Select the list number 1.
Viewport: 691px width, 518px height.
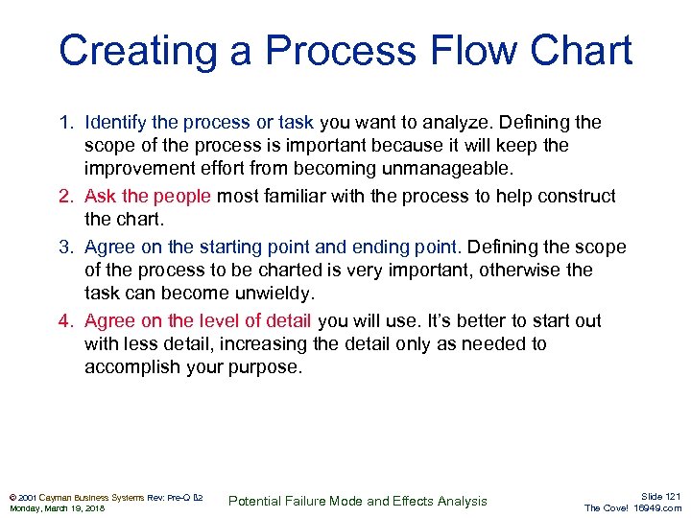point(65,123)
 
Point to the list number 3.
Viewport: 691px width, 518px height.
point(65,247)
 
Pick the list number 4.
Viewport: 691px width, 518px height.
point(65,321)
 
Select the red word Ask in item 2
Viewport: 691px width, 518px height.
point(101,197)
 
